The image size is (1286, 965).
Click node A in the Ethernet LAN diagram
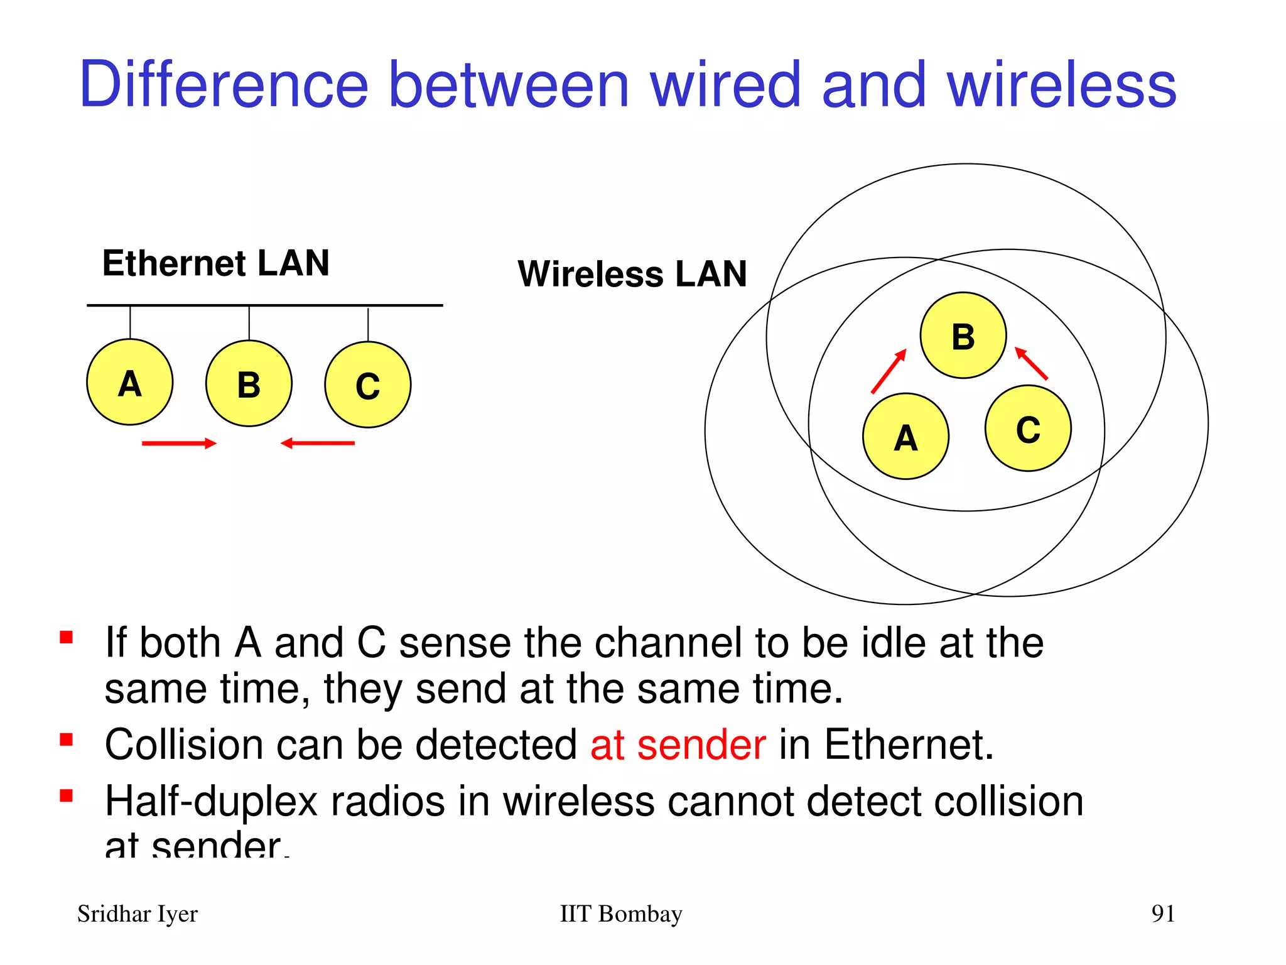coord(130,382)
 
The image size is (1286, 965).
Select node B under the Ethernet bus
coord(249,384)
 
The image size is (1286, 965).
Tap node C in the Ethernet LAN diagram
coord(368,385)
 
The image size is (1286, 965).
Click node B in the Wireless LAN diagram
coord(963,335)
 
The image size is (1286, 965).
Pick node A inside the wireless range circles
coord(905,437)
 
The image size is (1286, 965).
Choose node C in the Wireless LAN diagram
coord(1028,428)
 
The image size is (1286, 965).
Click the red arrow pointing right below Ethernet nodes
coord(179,444)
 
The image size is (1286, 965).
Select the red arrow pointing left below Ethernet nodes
coord(318,444)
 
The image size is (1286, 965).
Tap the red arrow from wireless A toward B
coord(889,371)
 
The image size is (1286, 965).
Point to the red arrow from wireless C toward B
coord(1031,364)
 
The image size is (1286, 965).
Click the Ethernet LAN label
coord(215,263)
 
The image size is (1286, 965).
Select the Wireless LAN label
coord(632,274)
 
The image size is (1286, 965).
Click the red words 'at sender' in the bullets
coord(678,745)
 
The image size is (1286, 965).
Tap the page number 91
coord(1163,913)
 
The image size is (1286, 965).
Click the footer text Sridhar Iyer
coord(138,914)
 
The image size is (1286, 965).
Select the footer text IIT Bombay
coord(620,914)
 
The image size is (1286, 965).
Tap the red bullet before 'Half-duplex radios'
coord(66,797)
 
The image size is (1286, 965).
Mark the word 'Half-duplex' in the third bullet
coord(212,802)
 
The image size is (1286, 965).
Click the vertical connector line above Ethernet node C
coord(368,324)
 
